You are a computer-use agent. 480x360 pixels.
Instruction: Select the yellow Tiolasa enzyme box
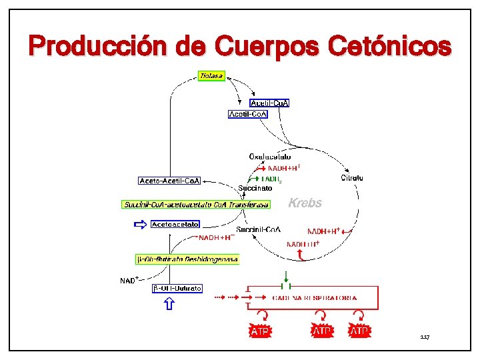tap(212, 76)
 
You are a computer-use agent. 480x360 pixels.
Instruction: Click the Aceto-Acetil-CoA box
tap(169, 181)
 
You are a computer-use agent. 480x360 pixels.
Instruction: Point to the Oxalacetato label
tap(270, 157)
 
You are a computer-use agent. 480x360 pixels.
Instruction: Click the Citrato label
tap(352, 178)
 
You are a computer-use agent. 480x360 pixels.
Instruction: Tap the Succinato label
tap(255, 189)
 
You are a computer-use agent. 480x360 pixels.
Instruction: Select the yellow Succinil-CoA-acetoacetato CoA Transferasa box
tap(196, 205)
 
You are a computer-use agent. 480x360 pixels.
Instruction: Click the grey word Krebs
tap(305, 203)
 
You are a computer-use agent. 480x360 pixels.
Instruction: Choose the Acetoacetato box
tap(175, 225)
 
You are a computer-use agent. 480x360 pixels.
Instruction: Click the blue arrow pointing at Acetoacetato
tap(140, 225)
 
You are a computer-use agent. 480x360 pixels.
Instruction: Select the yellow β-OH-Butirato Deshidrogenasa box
tap(187, 259)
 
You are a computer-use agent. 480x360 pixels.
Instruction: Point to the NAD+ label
tap(129, 280)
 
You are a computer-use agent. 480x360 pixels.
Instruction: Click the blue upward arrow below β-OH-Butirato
tap(169, 304)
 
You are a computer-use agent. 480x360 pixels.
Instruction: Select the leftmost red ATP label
tap(261, 331)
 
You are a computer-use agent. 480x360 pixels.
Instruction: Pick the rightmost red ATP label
tap(360, 331)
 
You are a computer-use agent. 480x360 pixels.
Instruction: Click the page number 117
tap(425, 337)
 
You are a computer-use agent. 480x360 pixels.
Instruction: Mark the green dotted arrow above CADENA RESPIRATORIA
tap(285, 276)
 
